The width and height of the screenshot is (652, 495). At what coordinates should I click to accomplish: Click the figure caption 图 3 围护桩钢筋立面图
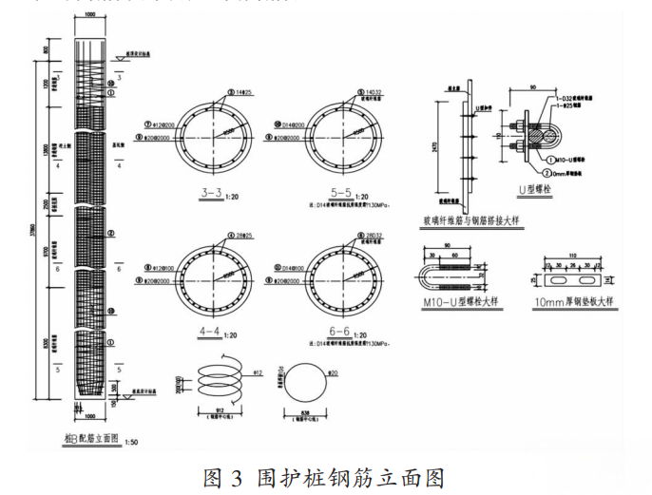click(x=325, y=475)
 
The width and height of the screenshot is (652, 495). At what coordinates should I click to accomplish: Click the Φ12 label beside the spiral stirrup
click(x=256, y=373)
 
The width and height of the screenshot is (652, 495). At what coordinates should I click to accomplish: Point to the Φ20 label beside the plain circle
click(x=333, y=373)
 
